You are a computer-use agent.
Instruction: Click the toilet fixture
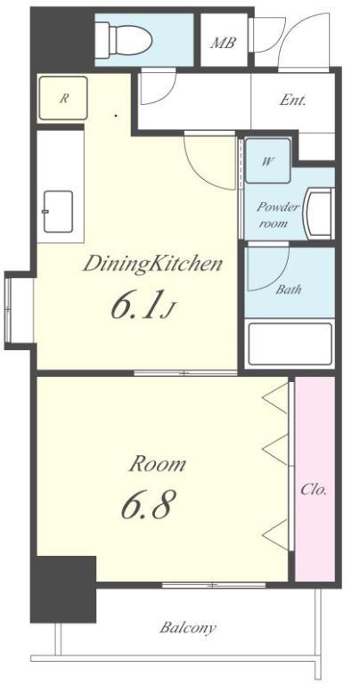coord(124,40)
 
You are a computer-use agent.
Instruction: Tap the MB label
coord(224,43)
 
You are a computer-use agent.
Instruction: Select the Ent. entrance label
coord(292,101)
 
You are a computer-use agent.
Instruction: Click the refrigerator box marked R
coord(63,98)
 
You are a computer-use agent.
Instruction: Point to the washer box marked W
coord(267,160)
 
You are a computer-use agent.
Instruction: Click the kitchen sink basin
coord(58,212)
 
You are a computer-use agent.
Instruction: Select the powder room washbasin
coord(320,214)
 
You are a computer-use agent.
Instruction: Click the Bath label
coord(289,289)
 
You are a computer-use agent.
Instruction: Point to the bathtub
coord(290,344)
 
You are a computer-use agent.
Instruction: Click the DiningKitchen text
coord(152,265)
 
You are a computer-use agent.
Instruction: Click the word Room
coord(158,464)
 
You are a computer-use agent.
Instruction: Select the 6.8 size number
coord(146,504)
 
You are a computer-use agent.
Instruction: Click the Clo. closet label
coord(314,490)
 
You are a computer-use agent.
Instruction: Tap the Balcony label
coord(188,628)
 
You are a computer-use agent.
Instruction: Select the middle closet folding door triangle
coord(275,449)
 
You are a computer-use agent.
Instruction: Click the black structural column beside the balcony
coord(63,589)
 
